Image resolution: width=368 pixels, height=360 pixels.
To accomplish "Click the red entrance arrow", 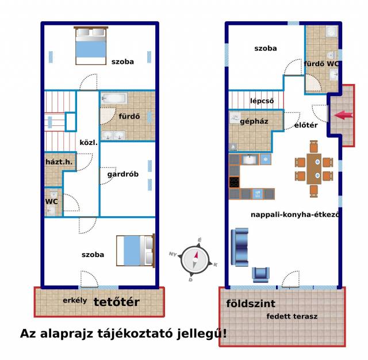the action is coord(343,115).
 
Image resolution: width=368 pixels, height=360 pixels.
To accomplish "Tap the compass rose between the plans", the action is coord(194,260).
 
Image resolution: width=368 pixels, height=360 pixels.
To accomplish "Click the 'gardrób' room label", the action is coord(122,174).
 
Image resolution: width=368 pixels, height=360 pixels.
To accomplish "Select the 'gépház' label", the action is coord(254,121).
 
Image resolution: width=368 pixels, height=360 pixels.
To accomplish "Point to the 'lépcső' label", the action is coord(262,101).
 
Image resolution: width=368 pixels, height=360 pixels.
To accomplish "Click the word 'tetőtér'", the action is coord(116,302).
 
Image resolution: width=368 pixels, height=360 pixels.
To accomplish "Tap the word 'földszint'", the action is coord(251,304).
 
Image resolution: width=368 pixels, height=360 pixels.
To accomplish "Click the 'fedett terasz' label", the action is coord(292,316).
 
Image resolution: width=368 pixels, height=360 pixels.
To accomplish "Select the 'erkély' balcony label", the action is coord(75,301).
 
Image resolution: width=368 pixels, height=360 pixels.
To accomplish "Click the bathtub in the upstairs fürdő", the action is coord(114,98).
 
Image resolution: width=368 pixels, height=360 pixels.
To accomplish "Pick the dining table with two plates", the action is coord(314,169).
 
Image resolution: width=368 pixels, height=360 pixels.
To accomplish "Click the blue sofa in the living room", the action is coord(240,247).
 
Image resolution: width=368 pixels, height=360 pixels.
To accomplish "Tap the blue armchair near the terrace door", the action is coord(260,274).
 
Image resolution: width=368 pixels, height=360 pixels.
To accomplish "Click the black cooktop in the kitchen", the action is coord(234,182).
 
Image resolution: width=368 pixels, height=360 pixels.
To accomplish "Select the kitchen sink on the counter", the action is coord(249,159).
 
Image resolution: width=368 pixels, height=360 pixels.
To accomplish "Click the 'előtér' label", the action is coord(306,125).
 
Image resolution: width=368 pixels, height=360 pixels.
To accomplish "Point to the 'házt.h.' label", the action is coord(59,162).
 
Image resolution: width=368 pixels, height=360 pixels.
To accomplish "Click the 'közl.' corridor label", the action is coord(89,143).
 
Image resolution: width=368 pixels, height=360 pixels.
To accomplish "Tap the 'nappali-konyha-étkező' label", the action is coord(295,215).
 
